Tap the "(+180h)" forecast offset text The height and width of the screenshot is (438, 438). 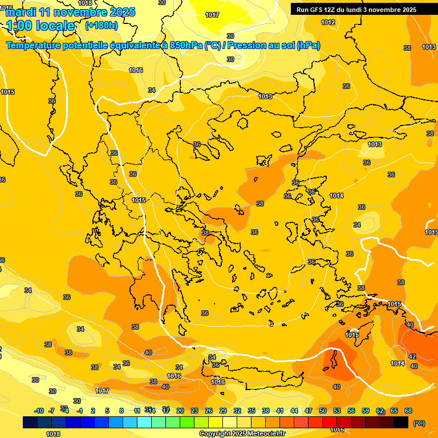click(102, 26)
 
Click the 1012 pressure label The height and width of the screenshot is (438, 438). click(328, 22)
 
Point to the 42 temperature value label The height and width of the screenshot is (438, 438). click(412, 356)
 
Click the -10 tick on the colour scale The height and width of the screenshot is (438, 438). click(39, 411)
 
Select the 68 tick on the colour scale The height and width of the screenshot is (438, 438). click(408, 411)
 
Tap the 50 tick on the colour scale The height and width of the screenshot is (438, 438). click(323, 411)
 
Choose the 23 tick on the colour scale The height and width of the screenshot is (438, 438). click(194, 411)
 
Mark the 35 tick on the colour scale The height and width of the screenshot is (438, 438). click(252, 411)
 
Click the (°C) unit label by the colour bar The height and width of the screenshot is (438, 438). click(419, 423)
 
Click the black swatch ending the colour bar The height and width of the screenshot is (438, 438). click(401, 423)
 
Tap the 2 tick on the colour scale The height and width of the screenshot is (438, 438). click(93, 411)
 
